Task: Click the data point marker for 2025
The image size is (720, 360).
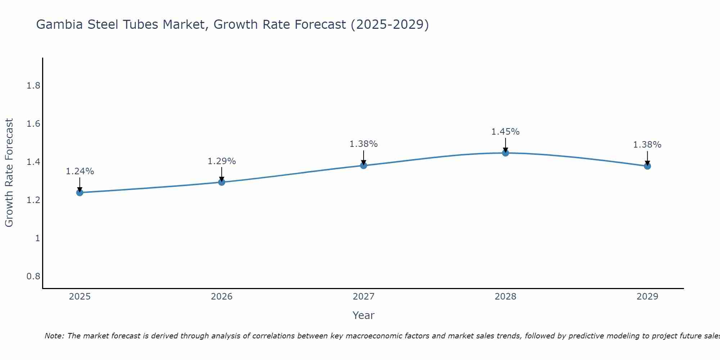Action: tap(80, 193)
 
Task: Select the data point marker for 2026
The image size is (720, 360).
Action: tap(222, 182)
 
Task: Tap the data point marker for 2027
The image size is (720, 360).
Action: tap(364, 166)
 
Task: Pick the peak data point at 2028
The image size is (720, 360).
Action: tap(505, 153)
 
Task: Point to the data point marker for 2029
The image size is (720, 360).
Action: tap(647, 166)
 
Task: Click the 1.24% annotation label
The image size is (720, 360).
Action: tap(80, 171)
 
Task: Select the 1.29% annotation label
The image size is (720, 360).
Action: tap(222, 161)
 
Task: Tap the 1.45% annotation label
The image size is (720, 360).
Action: tap(505, 132)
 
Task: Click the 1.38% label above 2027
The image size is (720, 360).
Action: tap(364, 144)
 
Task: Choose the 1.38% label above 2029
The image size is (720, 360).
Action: tap(647, 145)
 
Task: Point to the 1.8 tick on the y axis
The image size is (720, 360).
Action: tap(33, 86)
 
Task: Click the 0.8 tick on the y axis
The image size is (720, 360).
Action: tap(33, 276)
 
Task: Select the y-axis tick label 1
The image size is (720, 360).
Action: tap(37, 238)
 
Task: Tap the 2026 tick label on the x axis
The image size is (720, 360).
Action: tap(222, 297)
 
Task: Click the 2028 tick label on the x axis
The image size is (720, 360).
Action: tap(505, 297)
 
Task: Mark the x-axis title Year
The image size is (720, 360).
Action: tap(364, 315)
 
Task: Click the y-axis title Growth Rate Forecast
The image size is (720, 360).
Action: tap(9, 173)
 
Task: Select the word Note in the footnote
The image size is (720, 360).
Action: tap(54, 336)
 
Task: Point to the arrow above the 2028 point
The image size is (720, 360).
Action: tap(505, 145)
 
